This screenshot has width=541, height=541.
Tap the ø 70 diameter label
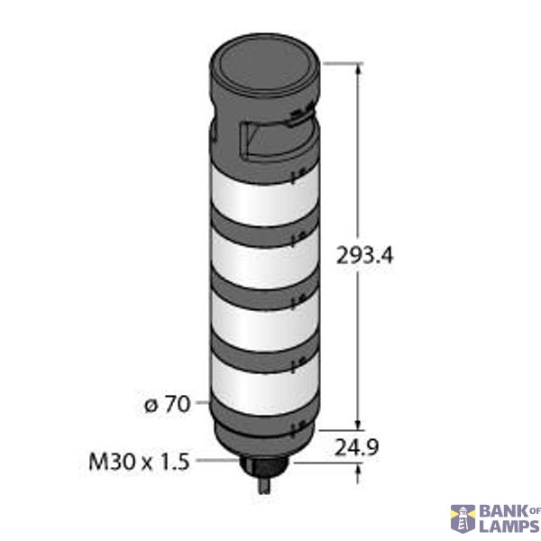[x=167, y=405]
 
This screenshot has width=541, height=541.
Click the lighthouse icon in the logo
[x=462, y=518]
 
